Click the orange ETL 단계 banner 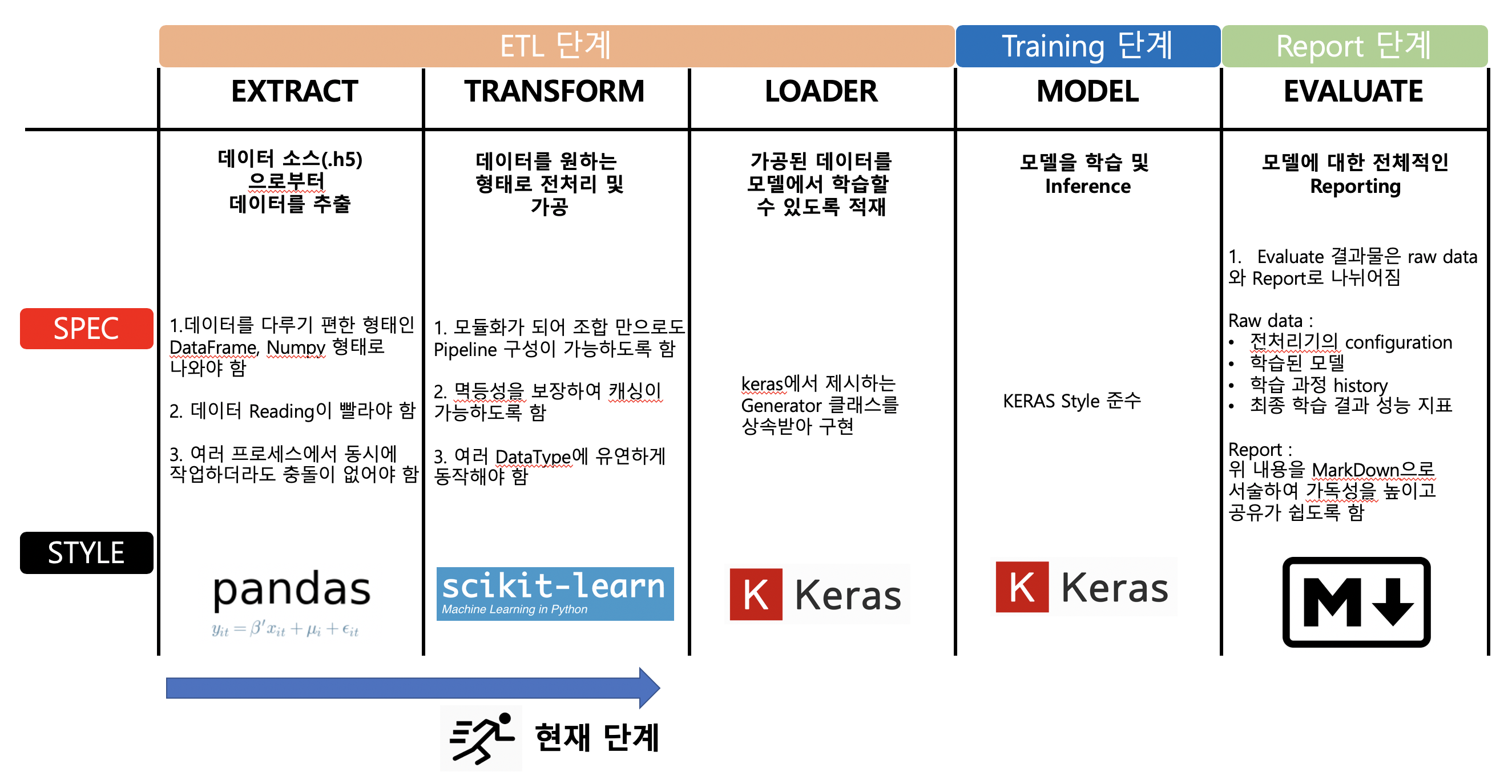[556, 46]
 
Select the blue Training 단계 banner [1088, 46]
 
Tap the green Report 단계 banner [1354, 46]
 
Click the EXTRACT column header [295, 91]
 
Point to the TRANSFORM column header [554, 91]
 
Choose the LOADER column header [821, 91]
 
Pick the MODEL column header [1088, 91]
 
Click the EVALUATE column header [1353, 91]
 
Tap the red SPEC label [87, 328]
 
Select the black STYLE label [87, 552]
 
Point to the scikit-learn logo [555, 593]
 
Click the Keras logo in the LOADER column [817, 594]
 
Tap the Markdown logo [1356, 601]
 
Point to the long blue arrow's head [650, 688]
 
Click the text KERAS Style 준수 [1072, 401]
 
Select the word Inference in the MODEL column [1088, 186]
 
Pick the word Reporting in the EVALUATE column [1355, 187]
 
